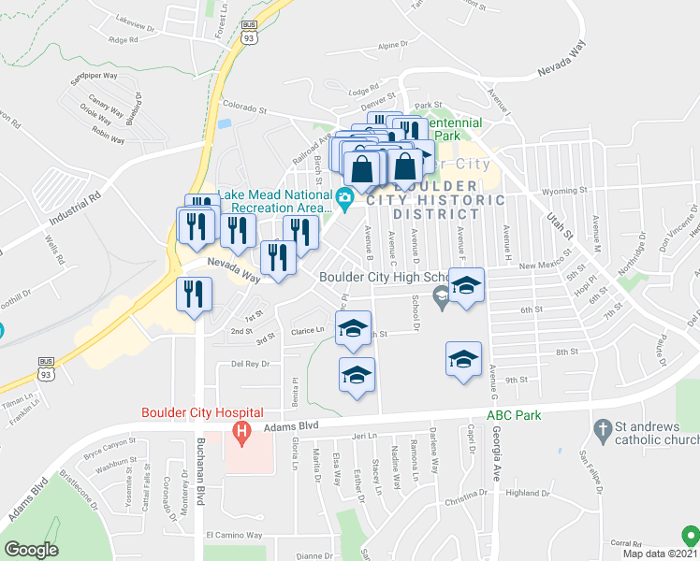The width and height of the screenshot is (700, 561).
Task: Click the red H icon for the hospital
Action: coord(241,433)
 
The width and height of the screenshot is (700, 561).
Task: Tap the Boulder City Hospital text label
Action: coord(201,412)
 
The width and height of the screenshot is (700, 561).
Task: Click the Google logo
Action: coord(31,550)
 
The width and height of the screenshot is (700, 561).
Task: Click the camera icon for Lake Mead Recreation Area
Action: coord(344,196)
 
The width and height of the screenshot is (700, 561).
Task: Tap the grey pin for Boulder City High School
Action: coord(441,297)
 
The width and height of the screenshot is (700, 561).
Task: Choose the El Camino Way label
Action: coord(234,536)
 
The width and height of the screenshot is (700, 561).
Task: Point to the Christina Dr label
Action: coord(467,501)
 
